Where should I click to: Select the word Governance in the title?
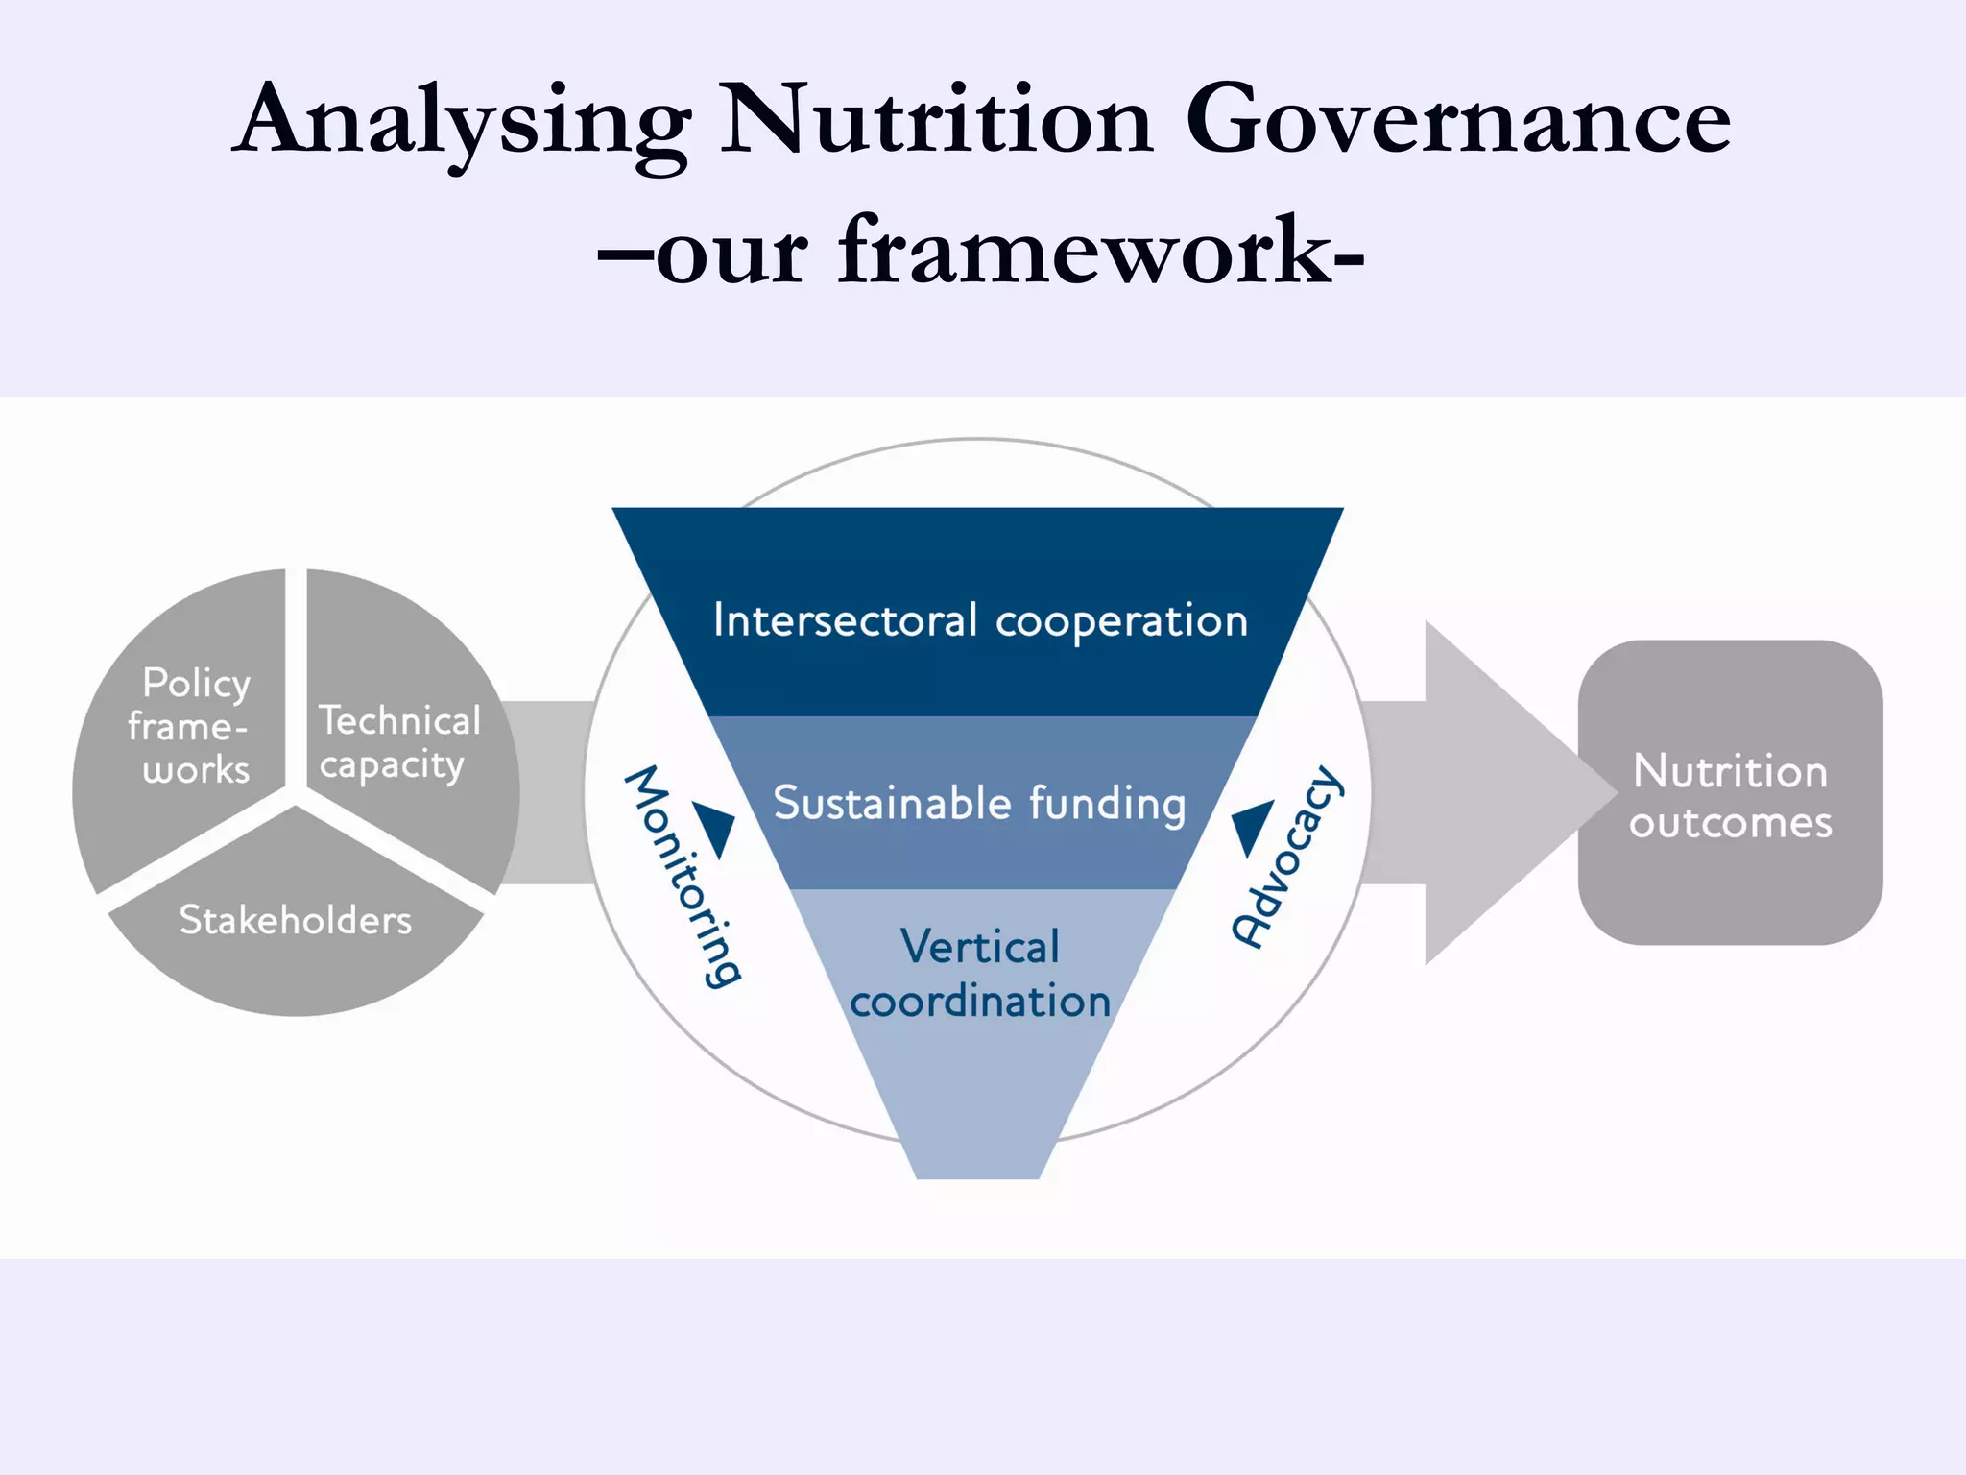pyautogui.click(x=1458, y=120)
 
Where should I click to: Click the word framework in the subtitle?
pyautogui.click(x=1085, y=252)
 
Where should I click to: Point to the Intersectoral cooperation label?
pyautogui.click(x=980, y=620)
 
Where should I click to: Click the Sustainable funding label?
pyautogui.click(x=980, y=803)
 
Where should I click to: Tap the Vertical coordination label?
pyautogui.click(x=980, y=974)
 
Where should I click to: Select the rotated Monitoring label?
pyautogui.click(x=683, y=876)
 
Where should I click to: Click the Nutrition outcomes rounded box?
pyautogui.click(x=1730, y=793)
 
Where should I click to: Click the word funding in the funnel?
pyautogui.click(x=1108, y=805)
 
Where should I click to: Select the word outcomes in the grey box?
pyautogui.click(x=1730, y=823)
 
